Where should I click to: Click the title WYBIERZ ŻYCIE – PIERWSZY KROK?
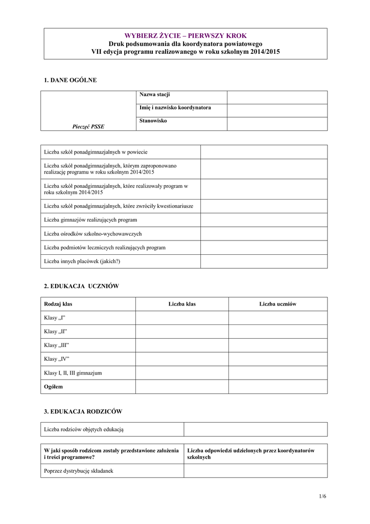[186, 36]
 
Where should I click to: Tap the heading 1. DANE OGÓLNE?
[71, 80]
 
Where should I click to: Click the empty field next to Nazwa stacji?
[277, 97]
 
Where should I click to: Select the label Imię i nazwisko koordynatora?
[175, 108]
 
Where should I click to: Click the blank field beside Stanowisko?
[277, 124]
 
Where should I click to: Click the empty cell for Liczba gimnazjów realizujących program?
[264, 220]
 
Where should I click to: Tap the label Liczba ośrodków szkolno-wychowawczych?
[93, 234]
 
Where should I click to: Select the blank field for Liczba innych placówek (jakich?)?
[264, 261]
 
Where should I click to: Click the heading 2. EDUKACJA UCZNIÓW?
[82, 287]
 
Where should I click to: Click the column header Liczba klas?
[182, 304]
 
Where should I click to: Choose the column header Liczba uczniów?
[277, 304]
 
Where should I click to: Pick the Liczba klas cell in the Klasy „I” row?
[182, 318]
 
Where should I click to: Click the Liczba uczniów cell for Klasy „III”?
[277, 345]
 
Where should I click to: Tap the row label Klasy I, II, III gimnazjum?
[73, 373]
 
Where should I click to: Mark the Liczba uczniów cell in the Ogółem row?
[277, 387]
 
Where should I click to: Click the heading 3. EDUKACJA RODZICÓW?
[83, 411]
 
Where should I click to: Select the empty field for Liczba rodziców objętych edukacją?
[256, 429]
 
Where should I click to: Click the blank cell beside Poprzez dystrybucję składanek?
[256, 471]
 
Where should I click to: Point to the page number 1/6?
[322, 496]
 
